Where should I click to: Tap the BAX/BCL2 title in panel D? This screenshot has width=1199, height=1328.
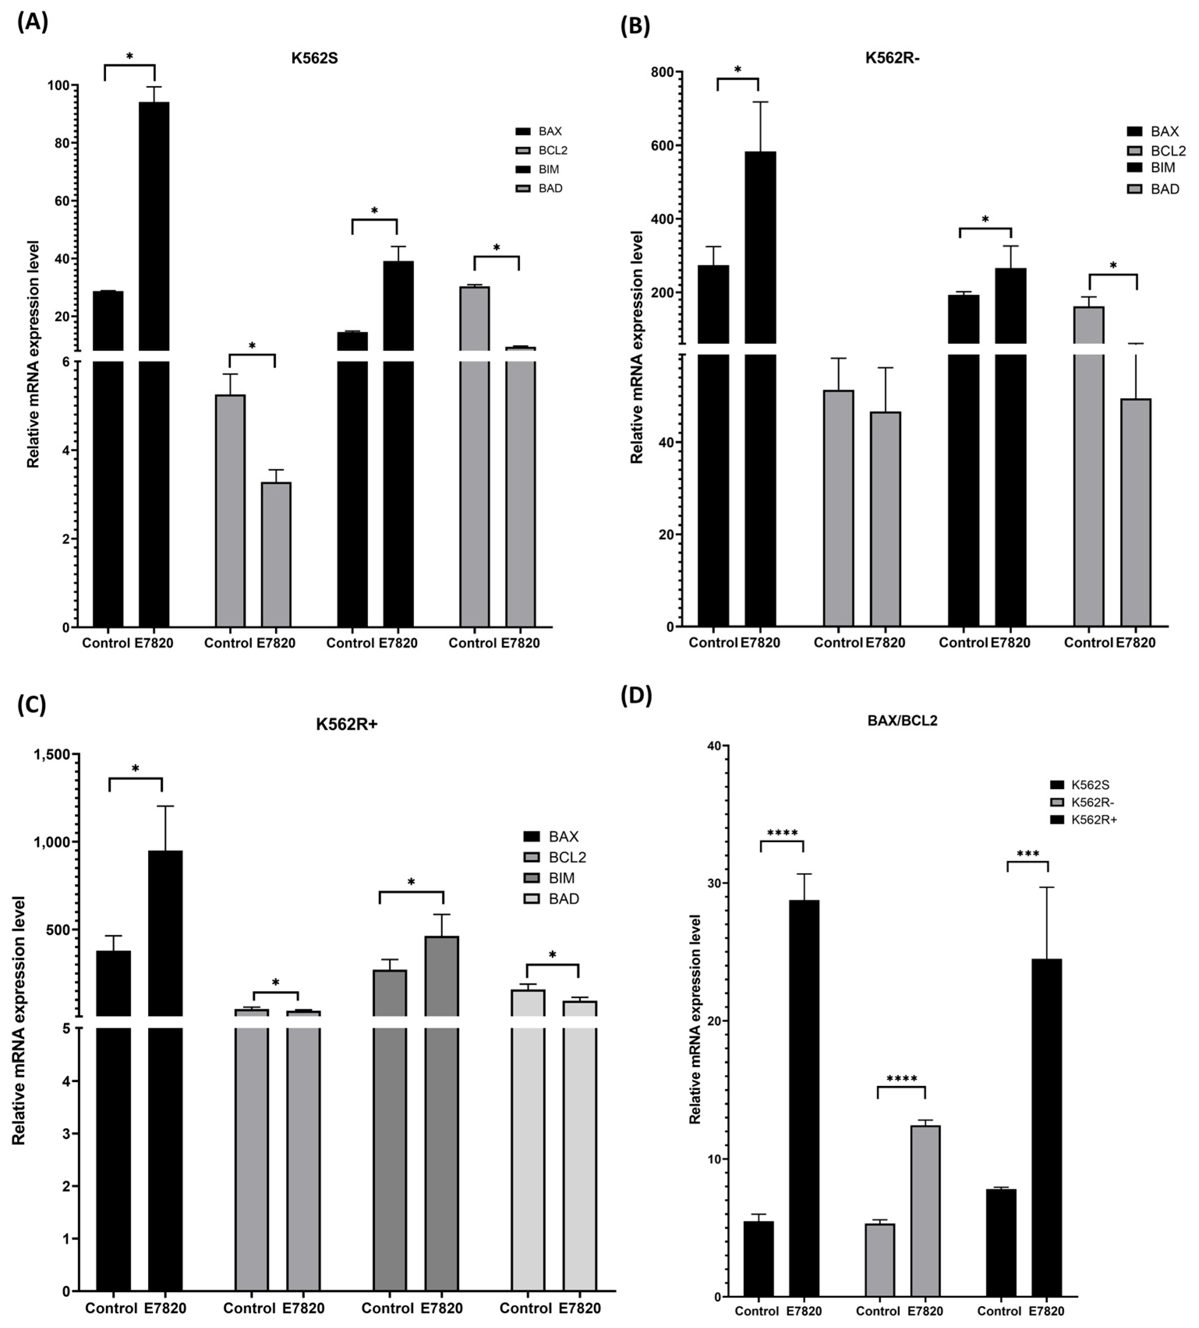coord(902,720)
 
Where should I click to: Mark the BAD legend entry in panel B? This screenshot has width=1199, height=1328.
coord(1154,189)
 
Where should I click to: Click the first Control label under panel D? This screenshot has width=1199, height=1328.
coord(757,1311)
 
